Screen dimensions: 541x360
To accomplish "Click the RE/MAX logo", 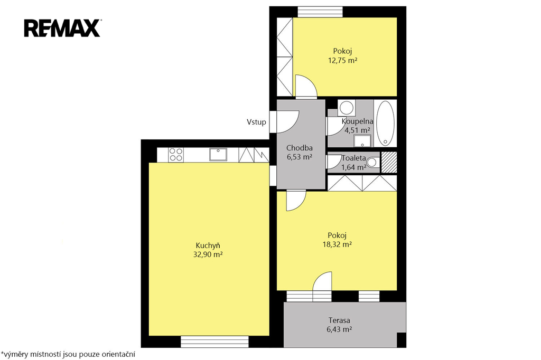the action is pyautogui.click(x=62, y=28).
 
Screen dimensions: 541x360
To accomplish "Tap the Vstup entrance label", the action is pyautogui.click(x=256, y=122).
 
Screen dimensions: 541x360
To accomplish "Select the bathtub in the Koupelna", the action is pyautogui.click(x=385, y=123).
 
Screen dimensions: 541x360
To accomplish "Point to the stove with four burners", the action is pyautogui.click(x=176, y=155).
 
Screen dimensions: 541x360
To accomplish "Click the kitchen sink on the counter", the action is pyautogui.click(x=218, y=155).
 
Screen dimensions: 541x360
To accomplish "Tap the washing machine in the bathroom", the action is pyautogui.click(x=347, y=108).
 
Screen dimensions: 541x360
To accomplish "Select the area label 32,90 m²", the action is pyautogui.click(x=208, y=255).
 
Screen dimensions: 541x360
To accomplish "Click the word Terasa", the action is pyautogui.click(x=339, y=320).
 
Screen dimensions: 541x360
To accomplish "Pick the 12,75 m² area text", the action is pyautogui.click(x=342, y=60).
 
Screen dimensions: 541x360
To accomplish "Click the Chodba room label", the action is pyautogui.click(x=300, y=148).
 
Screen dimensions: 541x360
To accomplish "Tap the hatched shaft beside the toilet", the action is pyautogui.click(x=389, y=162).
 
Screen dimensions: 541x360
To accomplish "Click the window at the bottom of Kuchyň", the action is pyautogui.click(x=214, y=342).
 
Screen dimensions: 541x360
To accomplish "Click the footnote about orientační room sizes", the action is pyautogui.click(x=68, y=354).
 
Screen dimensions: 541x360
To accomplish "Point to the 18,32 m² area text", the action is pyautogui.click(x=337, y=244).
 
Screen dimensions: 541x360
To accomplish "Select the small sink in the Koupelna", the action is pyautogui.click(x=362, y=141).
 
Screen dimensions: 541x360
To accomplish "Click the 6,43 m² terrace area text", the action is pyautogui.click(x=339, y=329).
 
